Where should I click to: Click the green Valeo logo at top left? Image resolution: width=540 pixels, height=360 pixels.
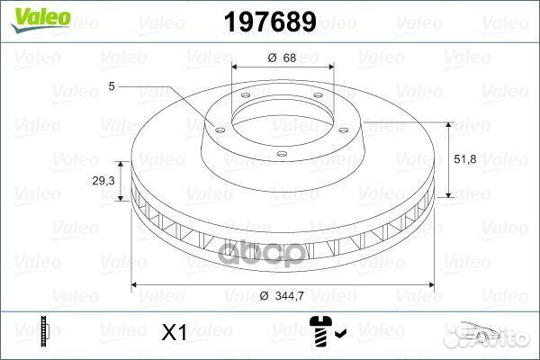pos(41,20)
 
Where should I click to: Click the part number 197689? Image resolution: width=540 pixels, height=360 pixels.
pos(270,22)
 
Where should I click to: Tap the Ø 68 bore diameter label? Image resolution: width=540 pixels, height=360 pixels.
pos(282,58)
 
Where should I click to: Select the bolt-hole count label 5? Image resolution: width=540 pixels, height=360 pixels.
pos(112,86)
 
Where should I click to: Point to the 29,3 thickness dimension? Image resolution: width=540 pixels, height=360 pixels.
pos(103,181)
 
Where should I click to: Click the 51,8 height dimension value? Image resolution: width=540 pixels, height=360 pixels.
pos(465,158)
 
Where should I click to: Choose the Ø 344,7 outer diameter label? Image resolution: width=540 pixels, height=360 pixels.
pos(282,295)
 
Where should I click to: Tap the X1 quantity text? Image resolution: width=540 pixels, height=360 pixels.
pos(175,332)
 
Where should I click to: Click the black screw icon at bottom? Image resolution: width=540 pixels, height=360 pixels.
pos(321,330)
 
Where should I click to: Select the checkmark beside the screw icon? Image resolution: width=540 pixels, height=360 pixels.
pos(340,333)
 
